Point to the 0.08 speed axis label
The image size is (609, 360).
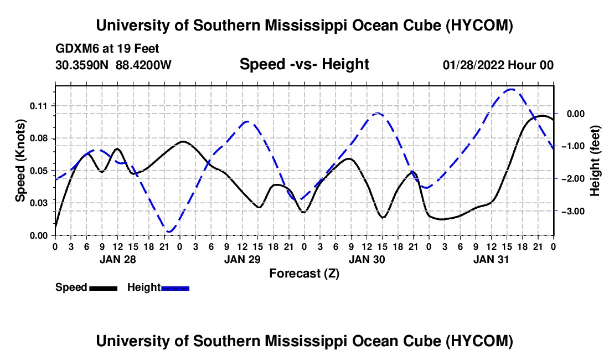pos(38,138)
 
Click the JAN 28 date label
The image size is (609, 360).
pos(118,259)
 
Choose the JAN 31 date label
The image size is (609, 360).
pos(491,259)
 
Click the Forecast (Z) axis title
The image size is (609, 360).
pos(304,274)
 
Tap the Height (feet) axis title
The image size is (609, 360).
pos(595,161)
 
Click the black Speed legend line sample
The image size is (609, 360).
pos(104,288)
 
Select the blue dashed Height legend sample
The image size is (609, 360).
pos(175,288)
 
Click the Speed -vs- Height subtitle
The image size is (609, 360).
pos(304,64)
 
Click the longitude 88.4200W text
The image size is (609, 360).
pos(143,65)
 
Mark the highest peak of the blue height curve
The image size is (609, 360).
pos(511,89)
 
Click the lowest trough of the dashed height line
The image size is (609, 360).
pos(169,232)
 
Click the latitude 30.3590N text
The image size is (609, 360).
pos(82,65)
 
